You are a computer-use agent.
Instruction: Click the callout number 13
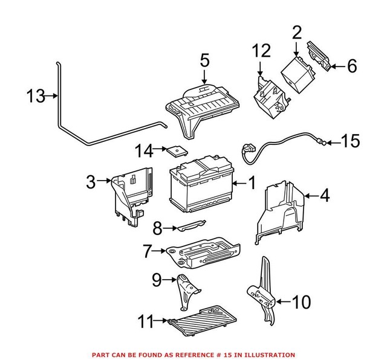coord(36,96)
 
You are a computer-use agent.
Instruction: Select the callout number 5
coord(204,62)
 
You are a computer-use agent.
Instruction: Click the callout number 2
coord(296,33)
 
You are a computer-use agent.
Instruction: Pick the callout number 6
coord(352,66)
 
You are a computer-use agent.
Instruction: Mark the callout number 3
coord(91,182)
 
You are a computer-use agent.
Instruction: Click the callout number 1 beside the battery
coord(252,182)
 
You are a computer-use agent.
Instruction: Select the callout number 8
coord(157,229)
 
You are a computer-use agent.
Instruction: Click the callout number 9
coord(156,280)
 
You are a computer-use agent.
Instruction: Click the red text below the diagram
coord(193,355)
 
